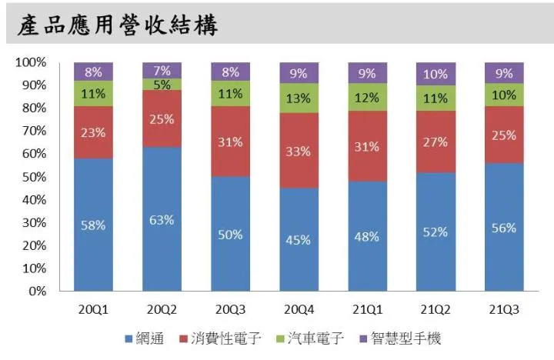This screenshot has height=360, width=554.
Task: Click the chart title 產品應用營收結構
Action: point(118,25)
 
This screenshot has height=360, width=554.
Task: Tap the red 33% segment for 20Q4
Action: point(299,151)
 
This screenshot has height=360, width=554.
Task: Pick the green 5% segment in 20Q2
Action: point(162,85)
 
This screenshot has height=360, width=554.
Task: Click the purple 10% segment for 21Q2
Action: point(436,74)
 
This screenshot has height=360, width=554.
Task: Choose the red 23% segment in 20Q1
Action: point(94,132)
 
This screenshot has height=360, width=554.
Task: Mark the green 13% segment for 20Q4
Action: point(299,98)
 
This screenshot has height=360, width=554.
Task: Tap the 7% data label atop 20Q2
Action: point(162,70)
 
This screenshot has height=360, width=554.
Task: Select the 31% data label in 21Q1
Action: point(368,146)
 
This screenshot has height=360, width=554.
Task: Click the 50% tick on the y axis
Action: point(34,177)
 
